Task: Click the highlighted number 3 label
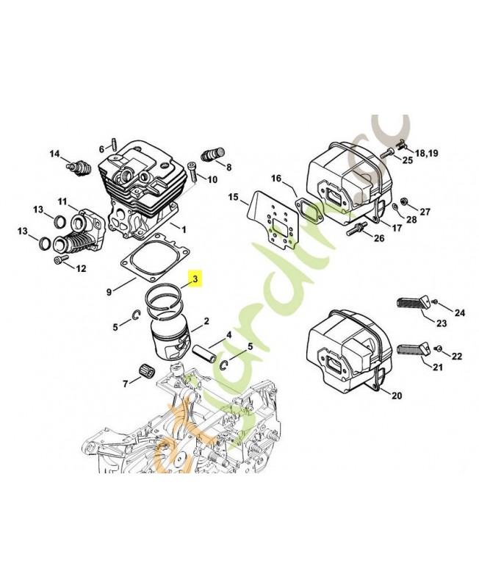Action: click(x=195, y=279)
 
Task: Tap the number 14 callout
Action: click(x=54, y=154)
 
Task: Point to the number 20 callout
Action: click(x=396, y=396)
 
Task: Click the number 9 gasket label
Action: click(x=109, y=292)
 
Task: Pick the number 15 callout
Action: click(x=233, y=197)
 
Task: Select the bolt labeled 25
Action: click(x=389, y=152)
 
